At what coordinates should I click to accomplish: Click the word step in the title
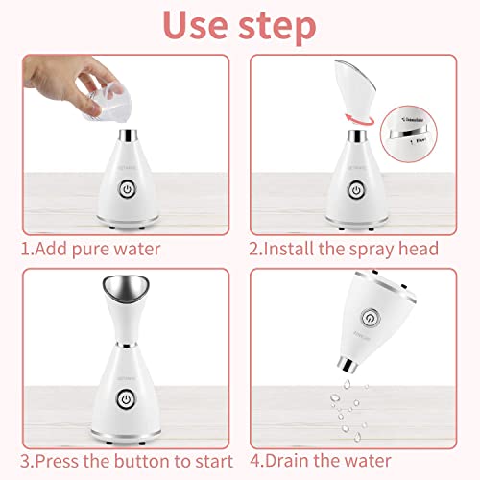279,27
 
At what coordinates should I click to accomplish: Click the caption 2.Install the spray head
344,249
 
